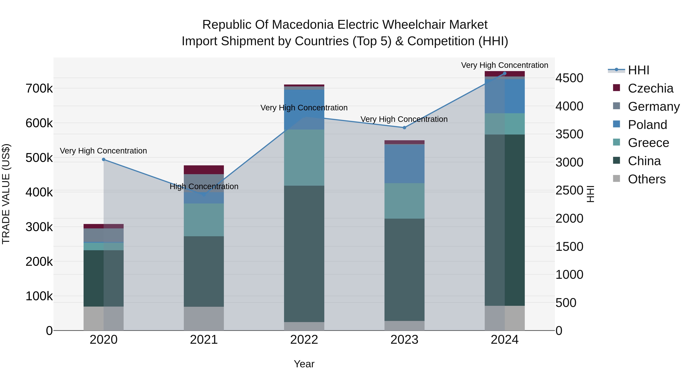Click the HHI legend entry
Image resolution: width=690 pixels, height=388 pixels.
[638, 70]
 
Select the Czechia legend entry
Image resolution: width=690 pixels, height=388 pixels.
[650, 88]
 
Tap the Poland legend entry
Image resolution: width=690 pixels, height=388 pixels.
[647, 125]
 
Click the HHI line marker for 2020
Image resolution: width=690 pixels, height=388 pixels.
[104, 160]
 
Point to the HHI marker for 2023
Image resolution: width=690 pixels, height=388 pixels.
[404, 128]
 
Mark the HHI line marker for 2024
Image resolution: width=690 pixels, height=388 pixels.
[505, 73]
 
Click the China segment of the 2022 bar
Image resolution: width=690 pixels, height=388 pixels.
[304, 254]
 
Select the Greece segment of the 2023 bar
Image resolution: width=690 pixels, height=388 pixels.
[404, 201]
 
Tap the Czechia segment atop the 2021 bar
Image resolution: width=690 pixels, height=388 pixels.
[204, 170]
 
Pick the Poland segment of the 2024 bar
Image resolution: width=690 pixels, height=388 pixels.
[505, 96]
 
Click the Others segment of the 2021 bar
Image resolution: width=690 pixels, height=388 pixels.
[204, 318]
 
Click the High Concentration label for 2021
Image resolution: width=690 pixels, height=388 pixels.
[204, 186]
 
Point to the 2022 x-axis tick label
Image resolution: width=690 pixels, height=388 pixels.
[304, 340]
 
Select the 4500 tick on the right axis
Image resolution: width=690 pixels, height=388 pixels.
[569, 78]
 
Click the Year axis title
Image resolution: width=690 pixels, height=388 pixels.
[304, 364]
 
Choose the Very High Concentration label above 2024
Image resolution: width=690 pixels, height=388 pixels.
[505, 65]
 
